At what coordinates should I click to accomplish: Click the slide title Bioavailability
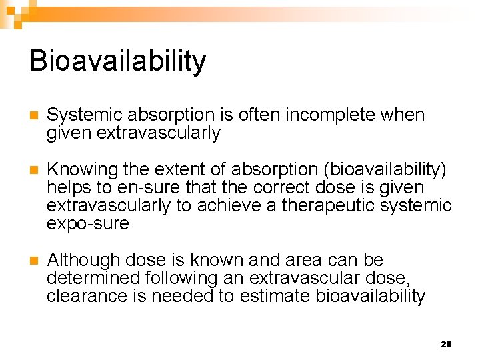click(x=118, y=61)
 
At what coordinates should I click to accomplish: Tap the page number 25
click(x=446, y=344)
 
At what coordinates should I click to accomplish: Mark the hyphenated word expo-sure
click(x=87, y=224)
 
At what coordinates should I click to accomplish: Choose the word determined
click(x=92, y=278)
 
